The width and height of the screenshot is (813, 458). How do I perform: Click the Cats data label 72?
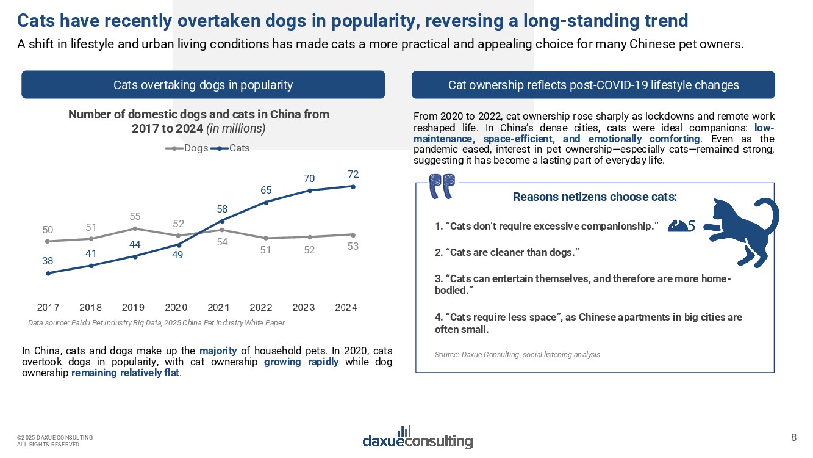tap(353, 175)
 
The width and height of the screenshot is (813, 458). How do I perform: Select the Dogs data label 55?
tap(135, 217)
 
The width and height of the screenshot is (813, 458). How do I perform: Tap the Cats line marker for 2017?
tap(48, 273)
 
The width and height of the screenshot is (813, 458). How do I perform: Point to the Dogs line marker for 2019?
tap(135, 228)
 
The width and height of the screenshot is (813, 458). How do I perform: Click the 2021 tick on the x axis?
tap(219, 307)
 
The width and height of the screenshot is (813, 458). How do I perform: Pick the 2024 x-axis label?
tap(346, 307)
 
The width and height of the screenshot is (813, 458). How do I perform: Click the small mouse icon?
tap(681, 226)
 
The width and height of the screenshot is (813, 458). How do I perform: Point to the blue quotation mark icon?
tap(442, 186)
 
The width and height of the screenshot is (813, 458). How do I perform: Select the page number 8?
tap(793, 437)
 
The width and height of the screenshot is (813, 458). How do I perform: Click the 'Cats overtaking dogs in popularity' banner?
tap(203, 85)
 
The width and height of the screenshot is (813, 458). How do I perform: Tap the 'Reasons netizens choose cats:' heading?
tap(595, 197)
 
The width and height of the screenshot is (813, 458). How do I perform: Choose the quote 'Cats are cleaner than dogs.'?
tap(506, 252)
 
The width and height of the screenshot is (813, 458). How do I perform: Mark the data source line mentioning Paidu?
tap(156, 322)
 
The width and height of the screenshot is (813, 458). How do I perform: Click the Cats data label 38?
tap(48, 261)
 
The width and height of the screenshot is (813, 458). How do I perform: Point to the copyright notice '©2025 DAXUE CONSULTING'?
tap(55, 437)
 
